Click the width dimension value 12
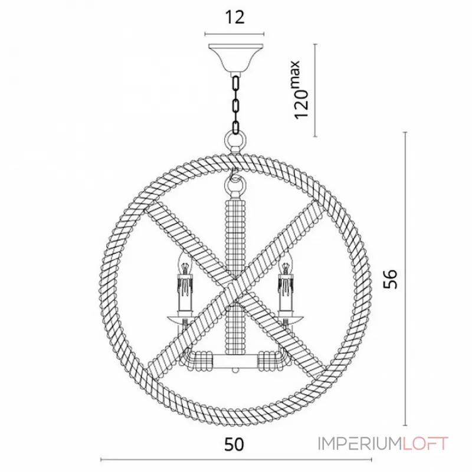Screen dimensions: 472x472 point(235,18)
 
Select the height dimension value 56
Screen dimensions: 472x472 point(391,278)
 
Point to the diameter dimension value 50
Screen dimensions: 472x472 point(234,444)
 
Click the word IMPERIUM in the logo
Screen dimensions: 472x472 point(360,444)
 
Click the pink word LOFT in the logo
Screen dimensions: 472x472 point(425,444)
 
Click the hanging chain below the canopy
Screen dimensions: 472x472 point(235,104)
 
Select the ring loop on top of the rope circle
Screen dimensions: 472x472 point(235,142)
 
